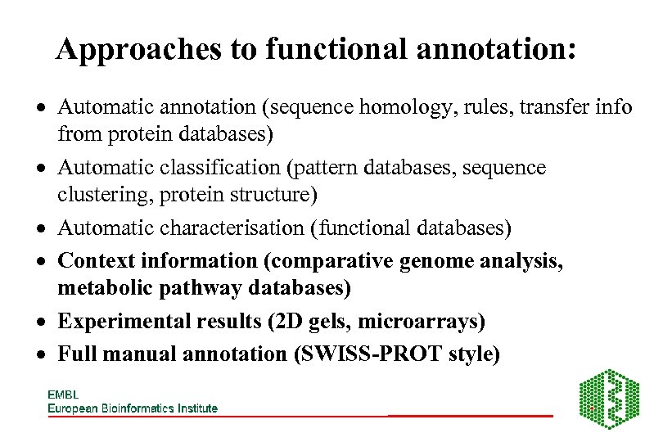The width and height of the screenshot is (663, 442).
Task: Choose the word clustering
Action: click(x=100, y=196)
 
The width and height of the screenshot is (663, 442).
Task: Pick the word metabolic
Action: click(x=98, y=288)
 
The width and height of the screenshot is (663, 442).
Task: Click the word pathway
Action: click(x=177, y=288)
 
